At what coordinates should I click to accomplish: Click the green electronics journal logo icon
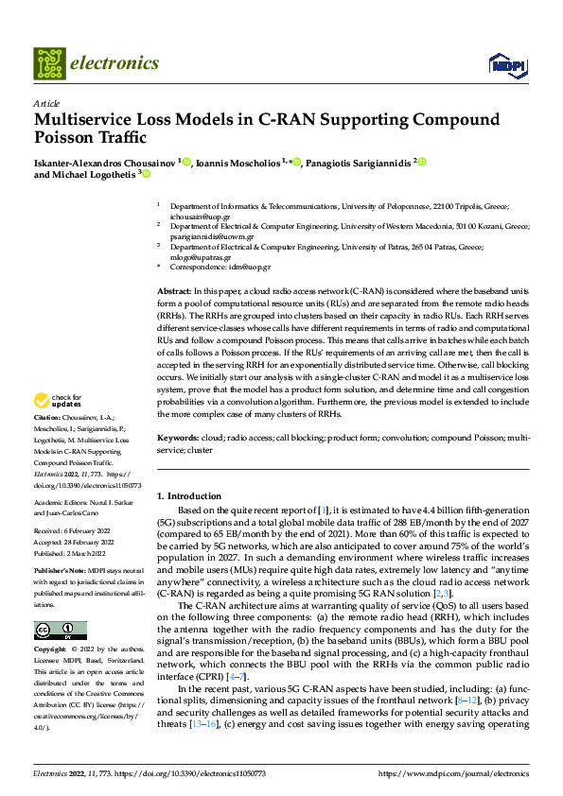[x=50, y=63]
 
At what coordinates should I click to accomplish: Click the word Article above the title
[x=45, y=103]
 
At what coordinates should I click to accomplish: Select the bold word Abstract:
[x=173, y=292]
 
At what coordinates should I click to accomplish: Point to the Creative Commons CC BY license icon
[x=60, y=631]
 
